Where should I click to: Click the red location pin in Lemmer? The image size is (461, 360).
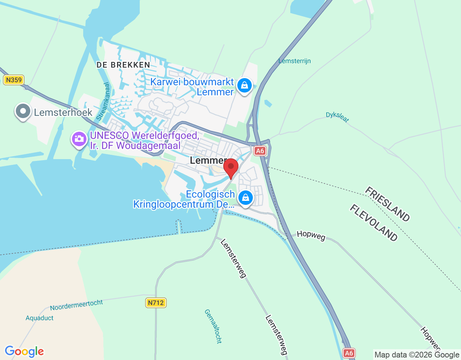click(x=231, y=167)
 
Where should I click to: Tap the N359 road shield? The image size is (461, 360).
click(x=14, y=80)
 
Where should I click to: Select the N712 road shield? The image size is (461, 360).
click(x=156, y=303)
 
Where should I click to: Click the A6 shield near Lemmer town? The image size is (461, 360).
click(x=260, y=151)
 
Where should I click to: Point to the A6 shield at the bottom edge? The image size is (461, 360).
click(x=349, y=353)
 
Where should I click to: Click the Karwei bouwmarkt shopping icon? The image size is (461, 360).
click(x=245, y=86)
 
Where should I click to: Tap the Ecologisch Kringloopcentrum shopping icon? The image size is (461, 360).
click(x=246, y=198)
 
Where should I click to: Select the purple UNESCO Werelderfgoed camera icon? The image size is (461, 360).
click(x=79, y=139)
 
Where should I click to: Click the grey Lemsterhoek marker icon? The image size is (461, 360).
click(x=23, y=111)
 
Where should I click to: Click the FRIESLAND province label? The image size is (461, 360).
click(x=387, y=204)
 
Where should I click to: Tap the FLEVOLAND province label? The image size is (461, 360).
click(x=374, y=223)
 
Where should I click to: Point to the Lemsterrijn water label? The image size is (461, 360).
click(x=295, y=61)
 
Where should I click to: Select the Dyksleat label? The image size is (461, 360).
click(x=337, y=117)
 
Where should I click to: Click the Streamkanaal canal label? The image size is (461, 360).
click(x=103, y=102)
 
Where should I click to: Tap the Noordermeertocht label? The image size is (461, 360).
click(x=76, y=305)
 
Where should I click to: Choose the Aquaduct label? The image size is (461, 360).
click(x=40, y=318)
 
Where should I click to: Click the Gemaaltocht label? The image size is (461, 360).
click(x=213, y=326)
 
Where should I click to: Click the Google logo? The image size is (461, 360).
click(x=24, y=351)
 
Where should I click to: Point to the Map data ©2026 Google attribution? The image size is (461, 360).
click(x=417, y=355)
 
